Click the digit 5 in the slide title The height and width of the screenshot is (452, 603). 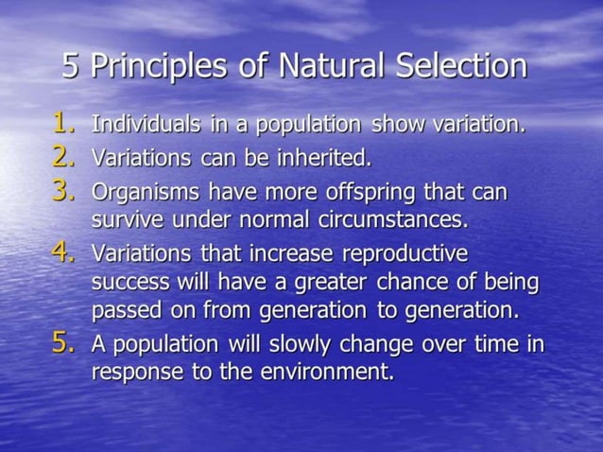(x=72, y=66)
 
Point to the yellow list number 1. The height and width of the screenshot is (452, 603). (x=64, y=123)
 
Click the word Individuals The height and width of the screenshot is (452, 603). (x=145, y=125)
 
